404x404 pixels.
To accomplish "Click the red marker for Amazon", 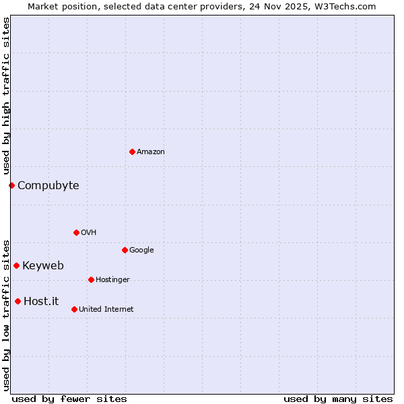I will click(132, 151).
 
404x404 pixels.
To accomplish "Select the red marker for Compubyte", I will click(11, 185).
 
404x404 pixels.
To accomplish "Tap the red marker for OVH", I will click(76, 232).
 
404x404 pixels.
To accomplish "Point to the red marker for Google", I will click(125, 250).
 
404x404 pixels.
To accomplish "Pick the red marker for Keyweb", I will click(16, 265).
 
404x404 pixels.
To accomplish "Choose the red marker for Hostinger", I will click(91, 279).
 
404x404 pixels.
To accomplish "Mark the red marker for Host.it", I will click(18, 301).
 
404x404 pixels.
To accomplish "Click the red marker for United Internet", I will click(74, 309).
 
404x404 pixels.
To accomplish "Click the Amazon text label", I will click(151, 152).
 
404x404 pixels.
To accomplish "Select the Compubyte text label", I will click(48, 186).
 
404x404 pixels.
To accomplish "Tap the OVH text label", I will click(89, 233).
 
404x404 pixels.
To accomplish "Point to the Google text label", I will click(141, 250).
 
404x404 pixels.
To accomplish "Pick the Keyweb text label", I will click(43, 266).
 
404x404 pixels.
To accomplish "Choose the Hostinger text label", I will click(112, 280).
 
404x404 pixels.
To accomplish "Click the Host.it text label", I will click(41, 302).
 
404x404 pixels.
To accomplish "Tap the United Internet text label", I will click(106, 310).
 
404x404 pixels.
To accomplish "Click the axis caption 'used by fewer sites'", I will click(69, 399).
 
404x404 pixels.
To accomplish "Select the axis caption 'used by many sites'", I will click(338, 399).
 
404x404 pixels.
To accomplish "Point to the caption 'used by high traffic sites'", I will click(6, 96).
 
